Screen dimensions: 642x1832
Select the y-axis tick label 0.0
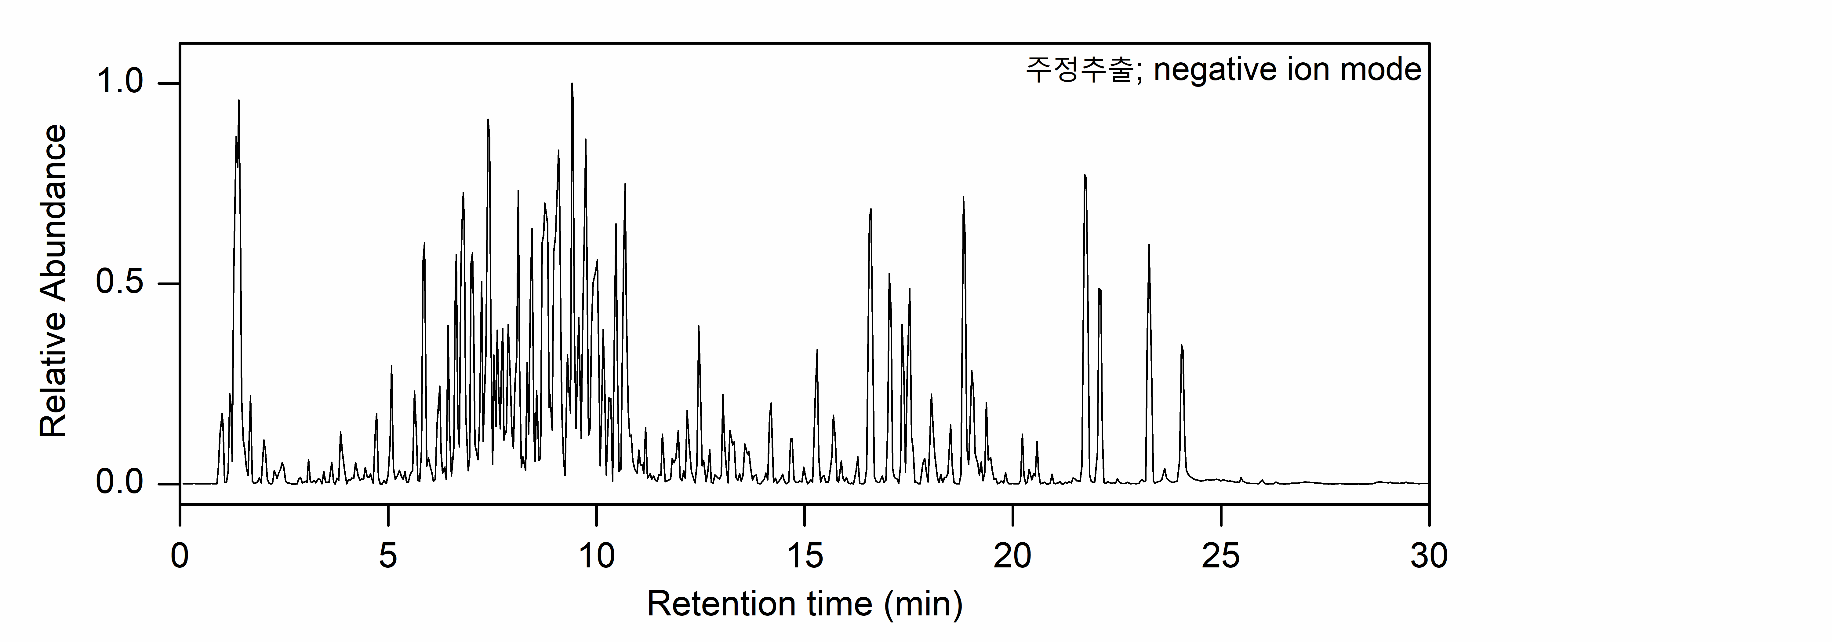(x=119, y=483)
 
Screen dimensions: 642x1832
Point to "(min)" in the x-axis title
(x=923, y=604)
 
